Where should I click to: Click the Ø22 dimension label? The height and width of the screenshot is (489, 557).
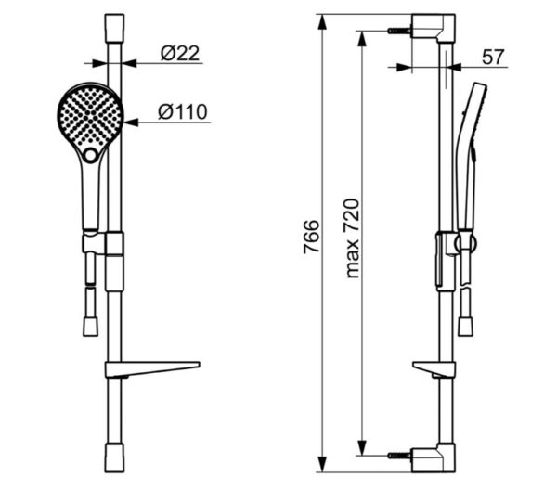180,53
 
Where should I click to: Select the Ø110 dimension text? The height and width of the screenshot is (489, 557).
183,112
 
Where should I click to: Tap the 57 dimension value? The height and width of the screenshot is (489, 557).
493,57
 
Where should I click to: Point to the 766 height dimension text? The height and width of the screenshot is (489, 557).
312,237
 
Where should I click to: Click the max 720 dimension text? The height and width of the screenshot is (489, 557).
353,238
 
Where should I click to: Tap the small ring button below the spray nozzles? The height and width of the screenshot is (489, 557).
91,155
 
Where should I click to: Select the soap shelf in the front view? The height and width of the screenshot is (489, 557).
152,369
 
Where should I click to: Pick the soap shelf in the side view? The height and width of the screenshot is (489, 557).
434,369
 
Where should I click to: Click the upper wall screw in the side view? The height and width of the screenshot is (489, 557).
399,31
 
